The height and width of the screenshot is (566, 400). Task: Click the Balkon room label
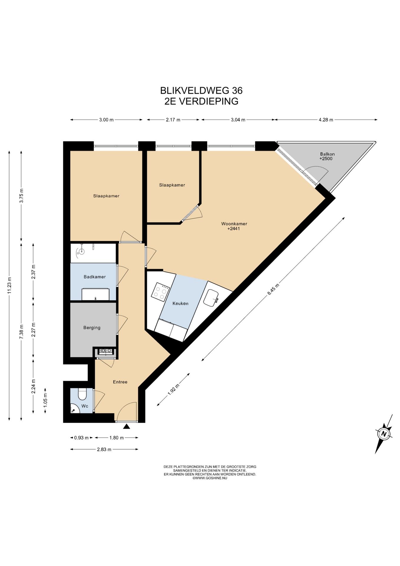327,154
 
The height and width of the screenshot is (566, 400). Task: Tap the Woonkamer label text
234,224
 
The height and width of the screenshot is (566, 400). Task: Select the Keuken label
180,303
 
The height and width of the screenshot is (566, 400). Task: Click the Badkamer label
95,277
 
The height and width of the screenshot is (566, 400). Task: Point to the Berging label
92,328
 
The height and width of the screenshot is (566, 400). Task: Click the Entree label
120,382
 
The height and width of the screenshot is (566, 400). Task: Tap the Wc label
85,406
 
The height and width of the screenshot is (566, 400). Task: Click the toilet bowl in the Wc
82,394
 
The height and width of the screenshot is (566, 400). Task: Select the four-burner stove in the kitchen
161,292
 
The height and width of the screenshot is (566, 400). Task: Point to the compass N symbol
384,434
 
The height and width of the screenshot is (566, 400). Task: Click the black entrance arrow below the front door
127,426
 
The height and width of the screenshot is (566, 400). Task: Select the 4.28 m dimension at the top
326,120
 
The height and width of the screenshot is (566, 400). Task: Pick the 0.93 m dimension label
81,438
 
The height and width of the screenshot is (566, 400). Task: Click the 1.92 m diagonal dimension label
173,389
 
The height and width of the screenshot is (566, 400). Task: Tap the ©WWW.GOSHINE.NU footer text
210,478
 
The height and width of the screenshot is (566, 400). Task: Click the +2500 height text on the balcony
326,159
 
